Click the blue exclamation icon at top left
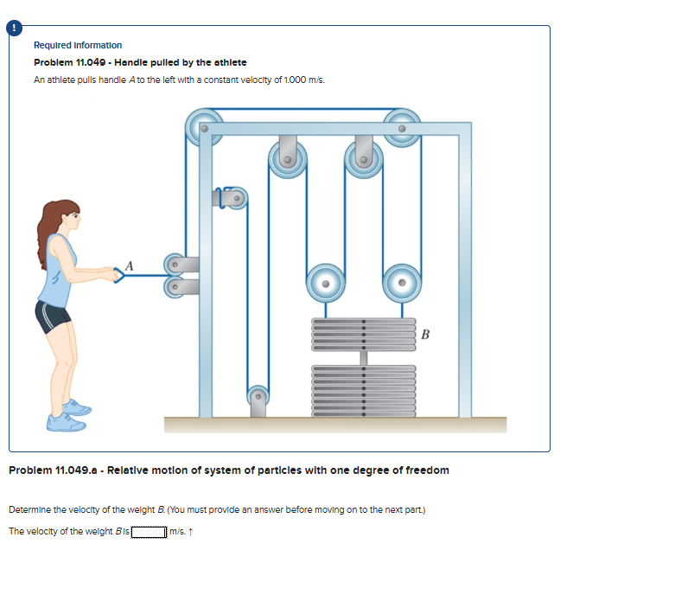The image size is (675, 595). tap(14, 28)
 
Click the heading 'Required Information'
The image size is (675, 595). tap(78, 45)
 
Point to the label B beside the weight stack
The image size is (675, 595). tap(425, 334)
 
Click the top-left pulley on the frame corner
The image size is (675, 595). tap(204, 126)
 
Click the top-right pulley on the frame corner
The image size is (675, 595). tap(401, 126)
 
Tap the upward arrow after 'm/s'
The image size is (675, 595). tap(189, 531)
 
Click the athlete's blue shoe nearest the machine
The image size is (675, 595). tap(78, 406)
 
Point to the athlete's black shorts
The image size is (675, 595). tap(53, 315)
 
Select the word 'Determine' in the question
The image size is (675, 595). tap(28, 509)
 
